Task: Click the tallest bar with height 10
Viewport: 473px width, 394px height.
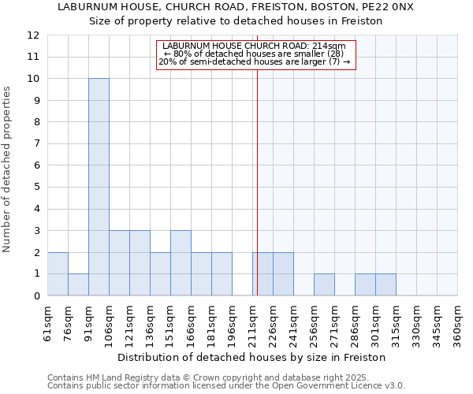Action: (99, 187)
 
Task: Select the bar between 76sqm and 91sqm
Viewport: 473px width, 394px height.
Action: (78, 284)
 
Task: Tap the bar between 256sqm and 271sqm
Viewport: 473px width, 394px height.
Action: (324, 284)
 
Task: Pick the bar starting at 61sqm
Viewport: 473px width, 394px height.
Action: (58, 273)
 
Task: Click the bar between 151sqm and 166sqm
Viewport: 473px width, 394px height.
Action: (181, 262)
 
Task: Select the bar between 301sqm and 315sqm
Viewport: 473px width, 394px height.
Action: (385, 284)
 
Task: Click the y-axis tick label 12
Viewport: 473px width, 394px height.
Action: (33, 35)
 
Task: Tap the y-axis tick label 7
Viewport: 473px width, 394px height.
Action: (35, 144)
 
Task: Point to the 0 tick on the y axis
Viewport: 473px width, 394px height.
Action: (35, 296)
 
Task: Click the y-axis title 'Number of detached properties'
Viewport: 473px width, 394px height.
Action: (7, 169)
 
